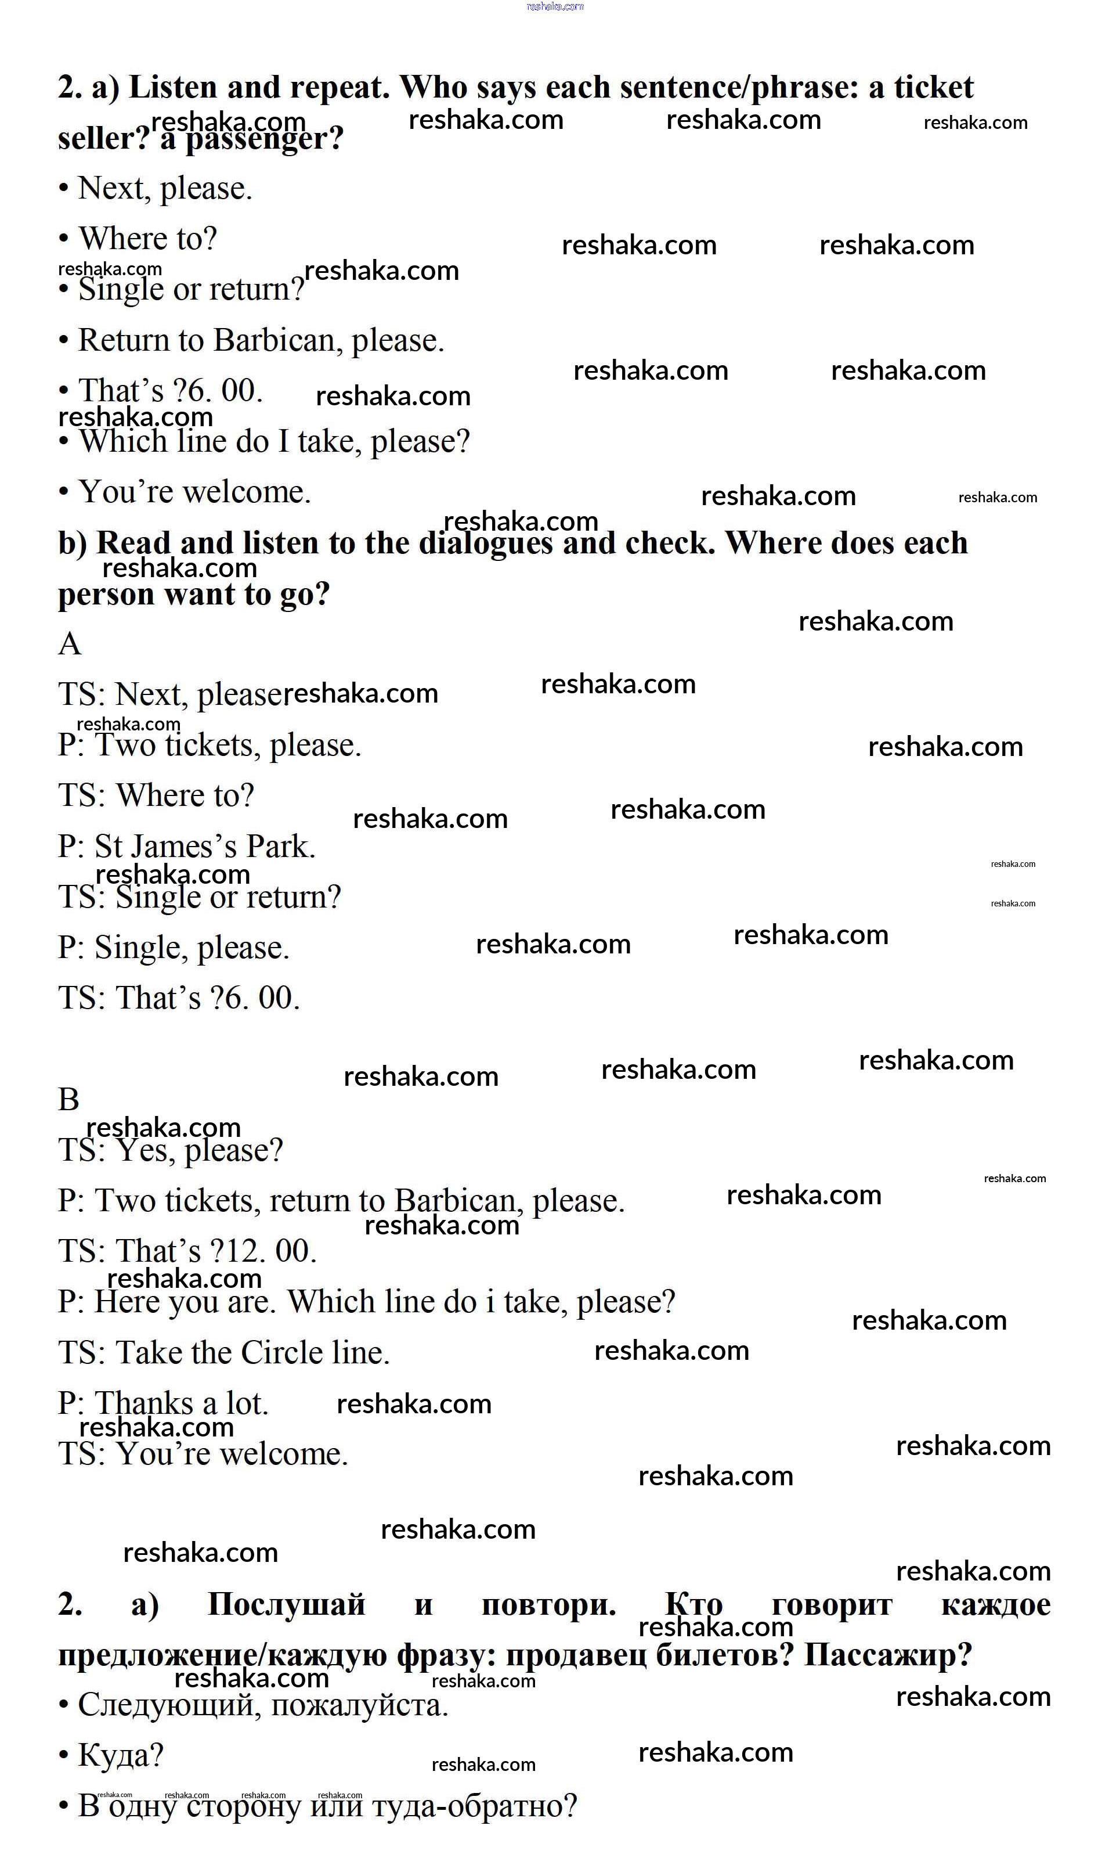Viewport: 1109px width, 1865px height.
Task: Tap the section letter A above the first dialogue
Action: click(x=70, y=643)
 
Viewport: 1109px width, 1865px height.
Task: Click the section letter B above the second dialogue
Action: click(x=68, y=1100)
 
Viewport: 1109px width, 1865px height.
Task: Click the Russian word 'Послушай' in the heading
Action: click(x=286, y=1605)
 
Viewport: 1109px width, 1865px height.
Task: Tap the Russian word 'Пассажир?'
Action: click(x=888, y=1656)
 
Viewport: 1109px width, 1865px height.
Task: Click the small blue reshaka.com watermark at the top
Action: click(x=555, y=7)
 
